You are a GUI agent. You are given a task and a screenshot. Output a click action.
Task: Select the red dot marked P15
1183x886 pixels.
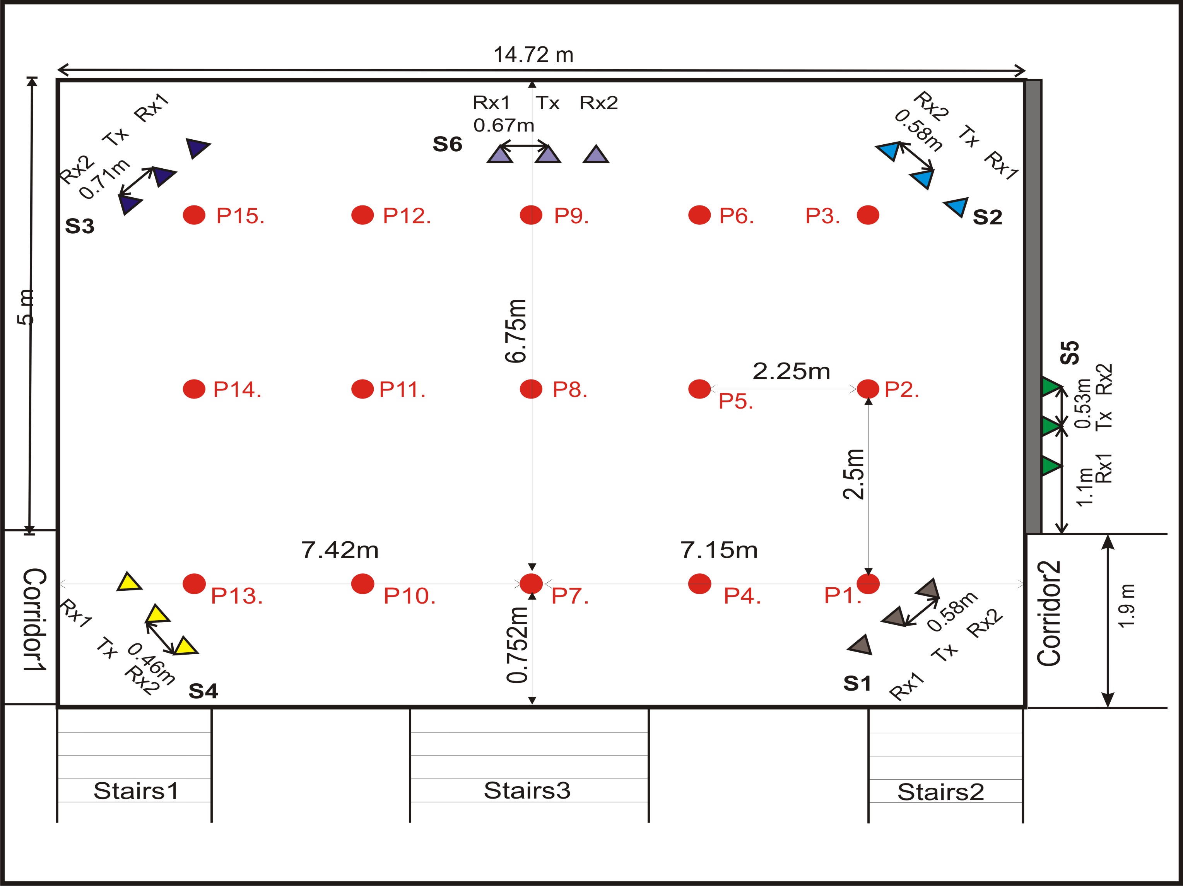[x=194, y=215]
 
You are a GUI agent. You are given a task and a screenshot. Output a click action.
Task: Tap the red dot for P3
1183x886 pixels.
[x=867, y=215]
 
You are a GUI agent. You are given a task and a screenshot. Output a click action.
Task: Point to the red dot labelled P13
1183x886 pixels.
[x=194, y=584]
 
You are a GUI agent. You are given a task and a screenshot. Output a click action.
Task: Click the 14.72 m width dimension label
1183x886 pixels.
[x=533, y=55]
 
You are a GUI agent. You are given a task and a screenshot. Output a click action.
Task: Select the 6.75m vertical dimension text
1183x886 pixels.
[x=516, y=331]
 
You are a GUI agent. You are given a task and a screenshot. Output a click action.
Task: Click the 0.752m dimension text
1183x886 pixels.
[x=518, y=645]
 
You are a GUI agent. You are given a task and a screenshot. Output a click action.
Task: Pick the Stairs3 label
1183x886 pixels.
[x=527, y=790]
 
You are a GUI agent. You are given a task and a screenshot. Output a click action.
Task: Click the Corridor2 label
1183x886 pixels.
[x=1049, y=614]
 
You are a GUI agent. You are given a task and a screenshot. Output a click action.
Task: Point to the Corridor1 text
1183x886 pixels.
[x=35, y=619]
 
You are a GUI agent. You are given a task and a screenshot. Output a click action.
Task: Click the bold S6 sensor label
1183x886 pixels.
[x=447, y=144]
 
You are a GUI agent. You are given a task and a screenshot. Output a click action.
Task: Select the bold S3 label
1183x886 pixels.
[x=80, y=226]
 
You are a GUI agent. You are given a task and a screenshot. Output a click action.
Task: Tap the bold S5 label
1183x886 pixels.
[x=1070, y=353]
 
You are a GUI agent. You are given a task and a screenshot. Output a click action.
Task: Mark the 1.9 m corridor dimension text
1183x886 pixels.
[x=1126, y=606]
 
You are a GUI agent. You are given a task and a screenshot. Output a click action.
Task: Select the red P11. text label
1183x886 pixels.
[x=402, y=390]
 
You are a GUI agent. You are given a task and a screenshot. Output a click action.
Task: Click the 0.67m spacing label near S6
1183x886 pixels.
[x=503, y=125]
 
